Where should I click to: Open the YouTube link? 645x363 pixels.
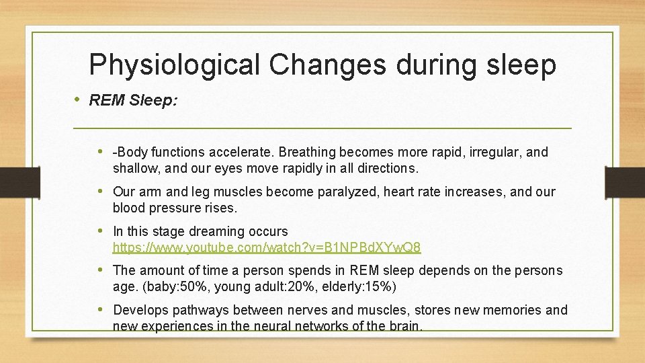tap(267, 248)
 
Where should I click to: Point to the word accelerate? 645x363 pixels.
tap(246, 152)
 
